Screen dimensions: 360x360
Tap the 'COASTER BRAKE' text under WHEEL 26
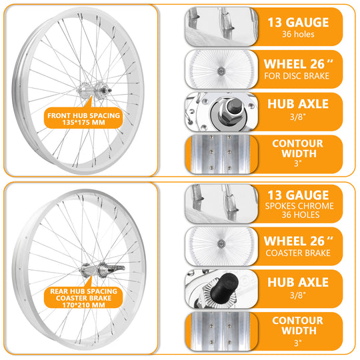297,253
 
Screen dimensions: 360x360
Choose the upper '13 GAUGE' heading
298,21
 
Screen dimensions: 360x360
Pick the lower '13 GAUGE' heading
298,195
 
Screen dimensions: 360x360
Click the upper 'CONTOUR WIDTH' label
297,149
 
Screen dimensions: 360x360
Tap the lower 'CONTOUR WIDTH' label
297,325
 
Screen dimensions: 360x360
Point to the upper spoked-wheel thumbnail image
220,67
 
